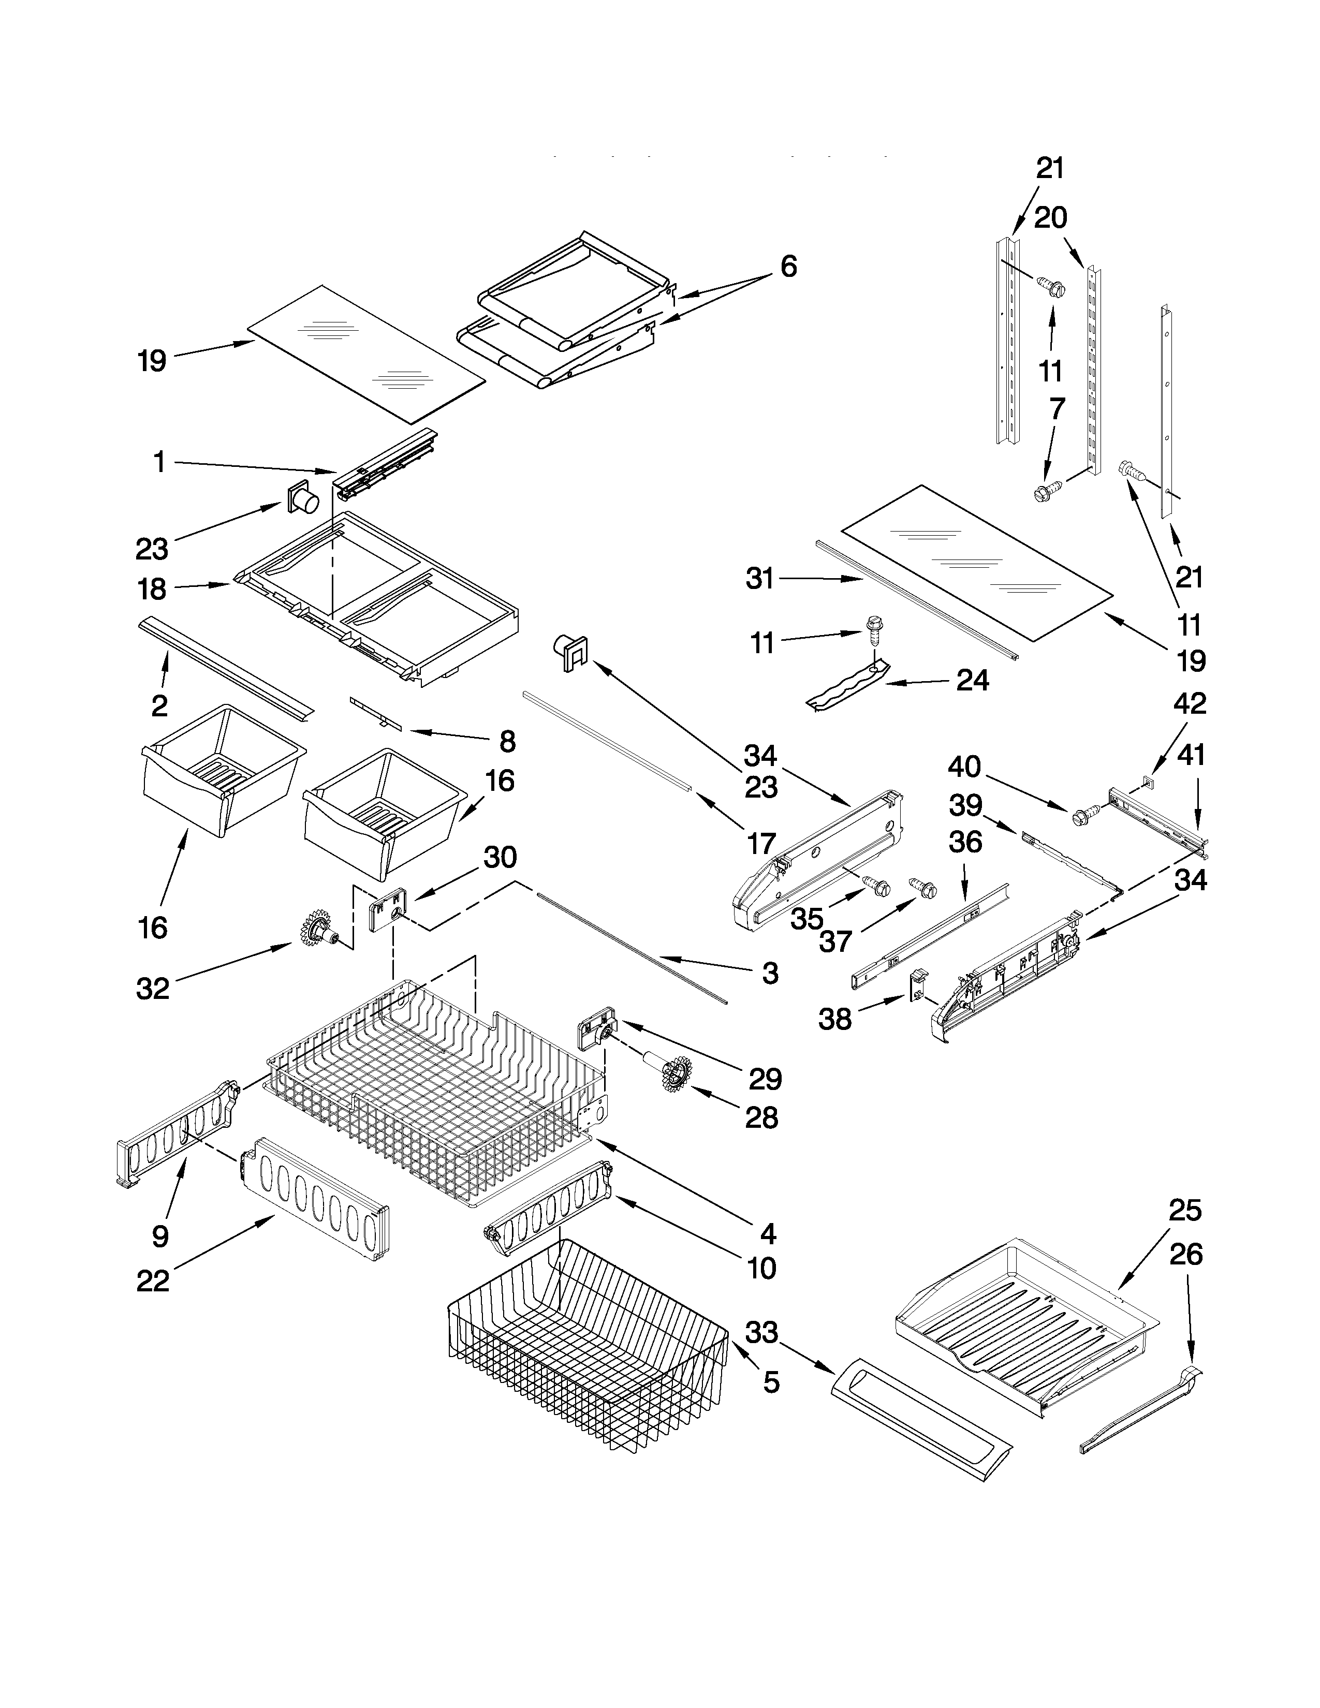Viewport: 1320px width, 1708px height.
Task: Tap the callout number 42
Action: click(1190, 704)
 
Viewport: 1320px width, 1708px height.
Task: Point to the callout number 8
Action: click(507, 741)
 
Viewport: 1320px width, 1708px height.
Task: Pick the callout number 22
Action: click(153, 1282)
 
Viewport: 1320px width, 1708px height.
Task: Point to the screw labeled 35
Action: click(878, 886)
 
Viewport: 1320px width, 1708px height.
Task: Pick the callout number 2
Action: click(159, 705)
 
